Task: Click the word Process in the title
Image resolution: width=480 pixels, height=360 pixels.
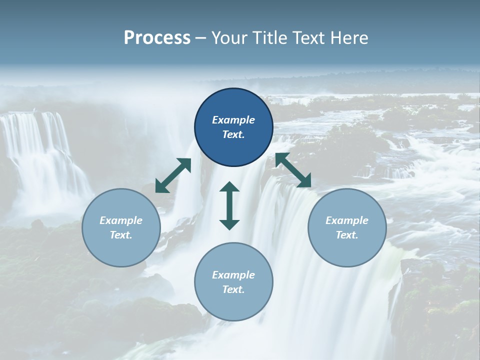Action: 157,38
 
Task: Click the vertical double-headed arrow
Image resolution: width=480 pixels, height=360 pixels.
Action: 229,206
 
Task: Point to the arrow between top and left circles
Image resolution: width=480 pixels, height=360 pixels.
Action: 173,175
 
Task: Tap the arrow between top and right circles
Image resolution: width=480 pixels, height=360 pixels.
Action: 293,170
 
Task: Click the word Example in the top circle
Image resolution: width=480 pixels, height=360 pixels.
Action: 233,120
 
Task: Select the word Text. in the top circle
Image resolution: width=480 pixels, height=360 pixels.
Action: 233,134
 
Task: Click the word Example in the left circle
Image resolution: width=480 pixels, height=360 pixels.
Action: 121,220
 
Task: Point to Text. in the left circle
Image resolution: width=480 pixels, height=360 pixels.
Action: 121,235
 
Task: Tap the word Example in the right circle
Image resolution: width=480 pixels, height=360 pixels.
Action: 347,220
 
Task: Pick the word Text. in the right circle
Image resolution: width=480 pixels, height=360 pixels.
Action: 347,235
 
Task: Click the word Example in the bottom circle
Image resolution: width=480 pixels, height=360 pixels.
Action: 233,275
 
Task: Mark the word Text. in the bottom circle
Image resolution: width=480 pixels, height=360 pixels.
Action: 233,289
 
